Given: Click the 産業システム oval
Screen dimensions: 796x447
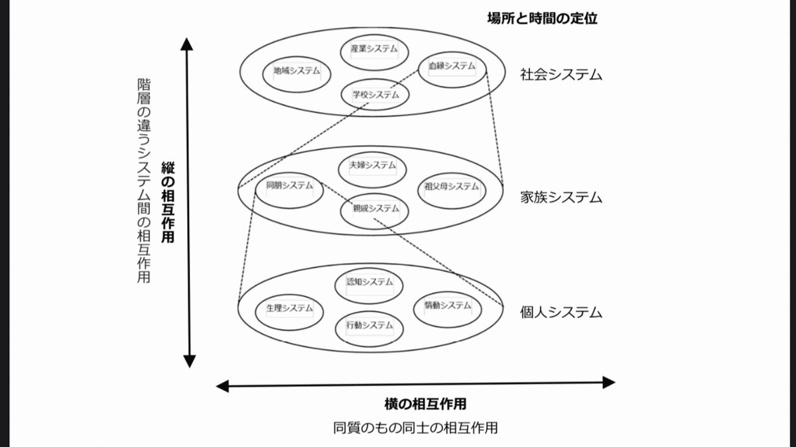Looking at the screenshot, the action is click(374, 52).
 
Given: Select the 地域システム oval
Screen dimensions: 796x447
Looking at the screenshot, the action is click(297, 74).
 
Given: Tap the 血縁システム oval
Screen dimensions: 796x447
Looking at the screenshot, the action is click(452, 70).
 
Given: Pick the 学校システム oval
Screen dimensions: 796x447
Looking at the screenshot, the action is click(375, 95).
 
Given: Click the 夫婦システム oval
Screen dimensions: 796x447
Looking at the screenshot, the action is click(372, 170).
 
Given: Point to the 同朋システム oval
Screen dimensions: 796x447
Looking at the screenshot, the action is click(289, 191).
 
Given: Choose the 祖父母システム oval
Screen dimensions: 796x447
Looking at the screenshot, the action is click(452, 191).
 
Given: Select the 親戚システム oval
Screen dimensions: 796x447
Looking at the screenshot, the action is click(375, 211).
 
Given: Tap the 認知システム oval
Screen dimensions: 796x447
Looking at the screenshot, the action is click(369, 286).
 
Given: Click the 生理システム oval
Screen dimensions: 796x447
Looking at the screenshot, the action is click(289, 312).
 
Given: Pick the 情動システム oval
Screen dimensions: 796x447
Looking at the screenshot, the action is click(448, 310).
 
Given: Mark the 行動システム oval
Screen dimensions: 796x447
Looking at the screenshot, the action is click(369, 329).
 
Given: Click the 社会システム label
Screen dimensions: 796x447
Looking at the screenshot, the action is click(561, 75).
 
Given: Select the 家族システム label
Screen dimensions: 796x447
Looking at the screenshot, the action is click(561, 197).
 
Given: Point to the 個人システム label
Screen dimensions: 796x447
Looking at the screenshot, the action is click(561, 313).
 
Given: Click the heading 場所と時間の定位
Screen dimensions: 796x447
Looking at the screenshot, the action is click(543, 18).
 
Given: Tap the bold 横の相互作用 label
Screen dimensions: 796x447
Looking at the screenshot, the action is click(425, 404).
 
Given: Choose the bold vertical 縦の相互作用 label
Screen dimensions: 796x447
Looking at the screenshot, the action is click(168, 202).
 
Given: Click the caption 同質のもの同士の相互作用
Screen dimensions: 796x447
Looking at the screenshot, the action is click(415, 428).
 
